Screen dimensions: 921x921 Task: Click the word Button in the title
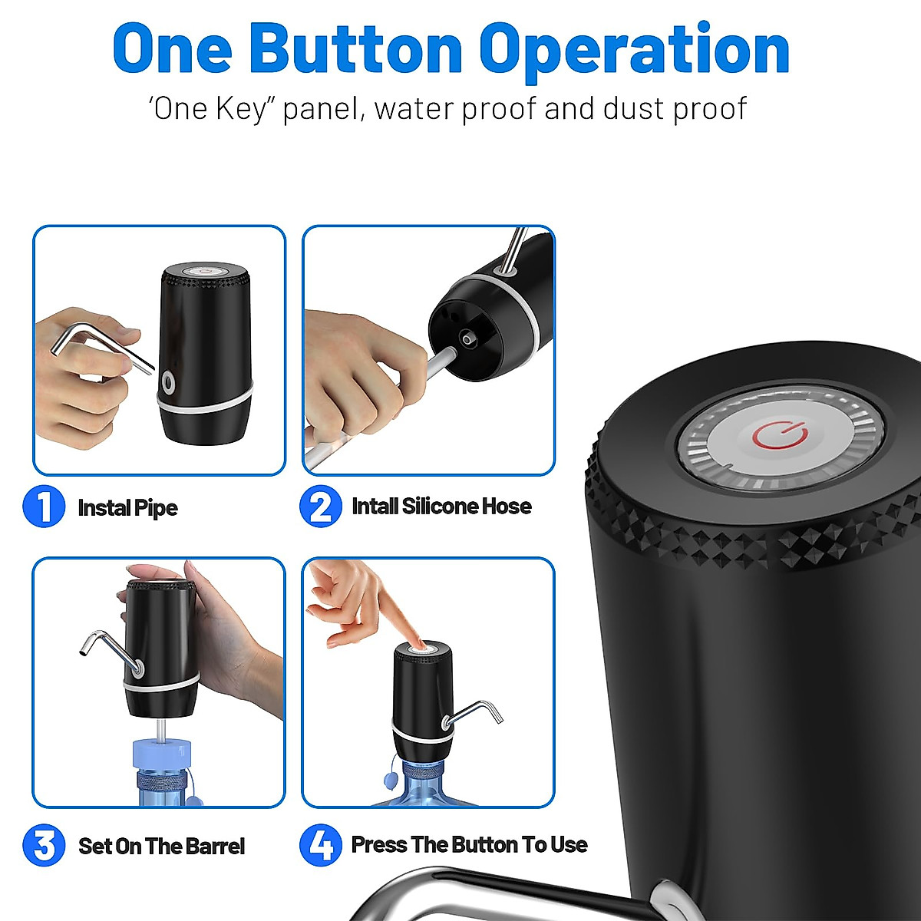click(x=355, y=49)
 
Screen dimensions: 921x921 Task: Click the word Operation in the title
click(x=634, y=49)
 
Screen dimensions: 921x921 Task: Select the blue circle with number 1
click(x=44, y=507)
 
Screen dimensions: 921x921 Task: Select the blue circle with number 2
click(x=320, y=507)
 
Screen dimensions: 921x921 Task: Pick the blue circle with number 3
click(x=44, y=845)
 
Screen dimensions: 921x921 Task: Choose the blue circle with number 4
click(x=320, y=845)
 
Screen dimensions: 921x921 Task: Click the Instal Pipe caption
click(x=127, y=508)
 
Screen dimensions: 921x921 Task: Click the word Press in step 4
click(x=379, y=844)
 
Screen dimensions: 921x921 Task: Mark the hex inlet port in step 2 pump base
click(x=467, y=338)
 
